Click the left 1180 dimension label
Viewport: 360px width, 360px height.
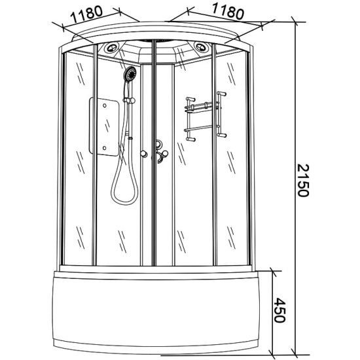click(x=86, y=14)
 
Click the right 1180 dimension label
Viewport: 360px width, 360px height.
click(x=227, y=11)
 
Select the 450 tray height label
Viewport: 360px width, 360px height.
click(x=280, y=310)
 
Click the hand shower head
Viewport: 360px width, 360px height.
click(x=130, y=73)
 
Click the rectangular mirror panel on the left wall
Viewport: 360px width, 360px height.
click(x=104, y=126)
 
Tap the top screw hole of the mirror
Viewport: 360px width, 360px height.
click(x=105, y=105)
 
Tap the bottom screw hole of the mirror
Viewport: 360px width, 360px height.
click(x=105, y=148)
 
